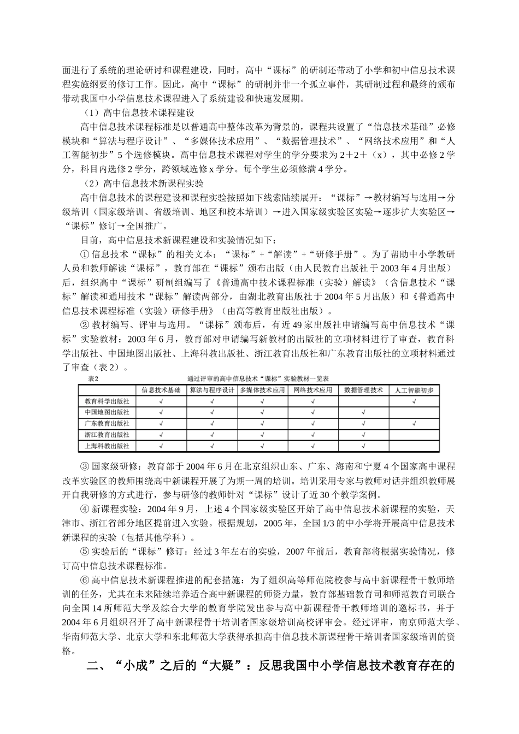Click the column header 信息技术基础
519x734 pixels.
pos(161,390)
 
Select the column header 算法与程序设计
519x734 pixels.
pos(211,390)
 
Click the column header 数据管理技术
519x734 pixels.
pos(363,390)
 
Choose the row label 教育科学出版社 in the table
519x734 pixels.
pos(107,401)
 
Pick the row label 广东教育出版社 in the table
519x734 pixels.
pos(107,424)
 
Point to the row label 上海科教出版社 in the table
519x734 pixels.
pos(107,446)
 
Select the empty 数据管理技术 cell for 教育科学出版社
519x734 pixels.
pos(363,401)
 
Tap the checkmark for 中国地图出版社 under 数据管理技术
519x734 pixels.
pos(363,412)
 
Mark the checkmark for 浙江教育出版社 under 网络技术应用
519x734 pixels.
pos(312,435)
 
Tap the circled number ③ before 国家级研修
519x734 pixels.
pos(84,467)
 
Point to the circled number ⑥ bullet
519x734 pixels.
pos(84,580)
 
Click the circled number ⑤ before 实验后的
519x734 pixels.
pos(84,552)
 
